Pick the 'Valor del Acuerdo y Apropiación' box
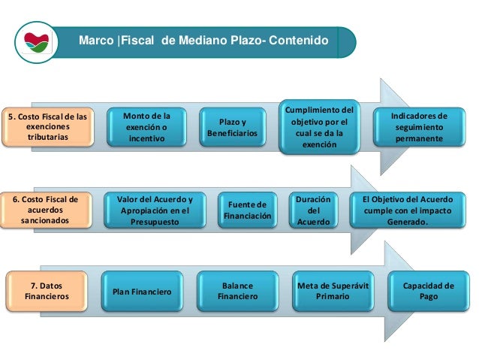pos(155,210)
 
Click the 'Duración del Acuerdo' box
pos(313,210)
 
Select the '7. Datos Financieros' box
pos(45,292)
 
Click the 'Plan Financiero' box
pos(142,292)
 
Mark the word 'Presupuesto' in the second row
pos(155,222)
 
